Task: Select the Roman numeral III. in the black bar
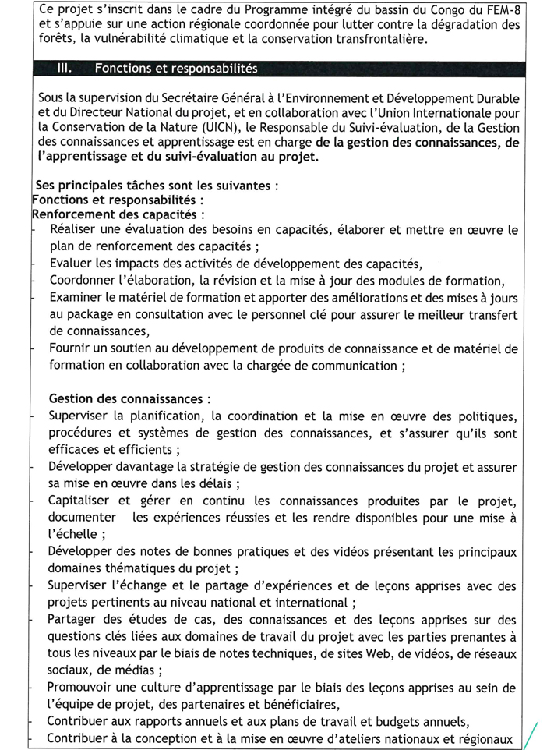coord(65,69)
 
